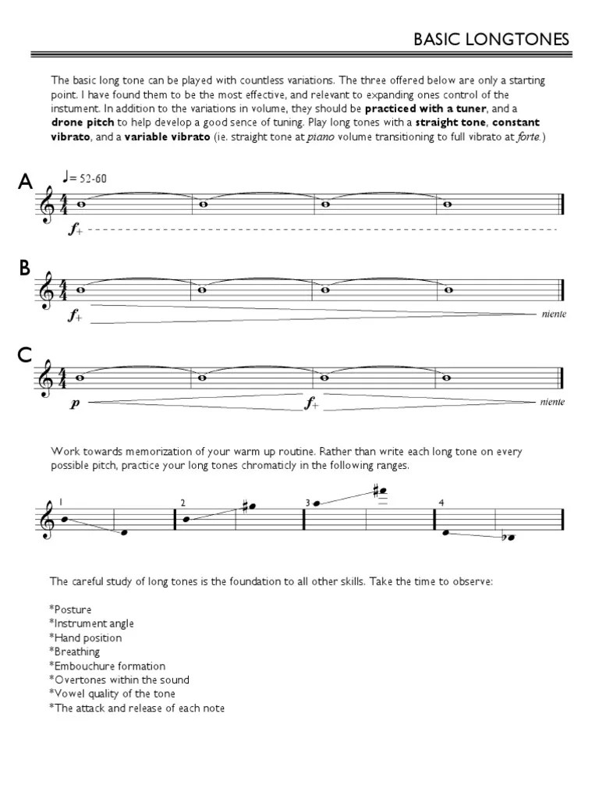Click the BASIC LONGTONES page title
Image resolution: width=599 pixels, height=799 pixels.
tap(491, 38)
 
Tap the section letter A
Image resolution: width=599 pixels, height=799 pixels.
tap(26, 183)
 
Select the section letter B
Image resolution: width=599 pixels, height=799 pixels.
tap(25, 268)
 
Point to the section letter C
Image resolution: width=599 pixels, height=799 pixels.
tap(25, 356)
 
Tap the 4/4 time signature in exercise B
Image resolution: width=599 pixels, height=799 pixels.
tap(66, 289)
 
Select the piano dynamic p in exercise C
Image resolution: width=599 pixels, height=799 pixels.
tap(75, 403)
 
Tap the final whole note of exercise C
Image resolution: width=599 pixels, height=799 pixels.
tap(447, 378)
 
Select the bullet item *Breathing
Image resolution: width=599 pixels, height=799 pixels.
tap(76, 652)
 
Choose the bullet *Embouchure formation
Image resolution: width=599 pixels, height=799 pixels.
tap(108, 666)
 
